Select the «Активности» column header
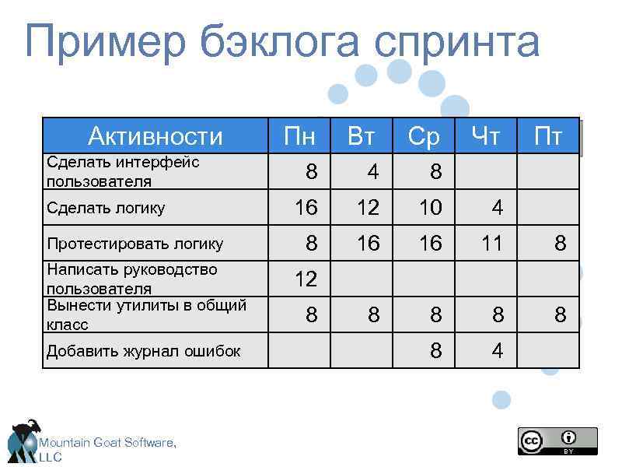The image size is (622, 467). pyautogui.click(x=155, y=137)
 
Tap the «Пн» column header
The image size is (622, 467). pyautogui.click(x=299, y=137)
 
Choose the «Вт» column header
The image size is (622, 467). pyautogui.click(x=362, y=137)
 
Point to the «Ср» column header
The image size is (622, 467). pyautogui.click(x=425, y=137)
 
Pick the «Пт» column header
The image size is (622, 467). pyautogui.click(x=549, y=137)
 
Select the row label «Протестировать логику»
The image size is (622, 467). pyautogui.click(x=135, y=244)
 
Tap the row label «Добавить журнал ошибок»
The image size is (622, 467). pyautogui.click(x=143, y=351)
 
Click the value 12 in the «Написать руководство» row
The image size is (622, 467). pyautogui.click(x=306, y=279)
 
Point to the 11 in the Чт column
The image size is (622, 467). pyautogui.click(x=492, y=244)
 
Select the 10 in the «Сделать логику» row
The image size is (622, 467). pyautogui.click(x=430, y=208)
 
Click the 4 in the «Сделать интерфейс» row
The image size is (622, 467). pyautogui.click(x=373, y=172)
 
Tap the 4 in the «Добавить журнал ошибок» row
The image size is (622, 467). pyautogui.click(x=498, y=351)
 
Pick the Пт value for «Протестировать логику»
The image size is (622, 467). pyautogui.click(x=560, y=244)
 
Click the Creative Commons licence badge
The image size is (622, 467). pyautogui.click(x=557, y=441)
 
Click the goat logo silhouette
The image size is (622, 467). pyautogui.click(x=23, y=441)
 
